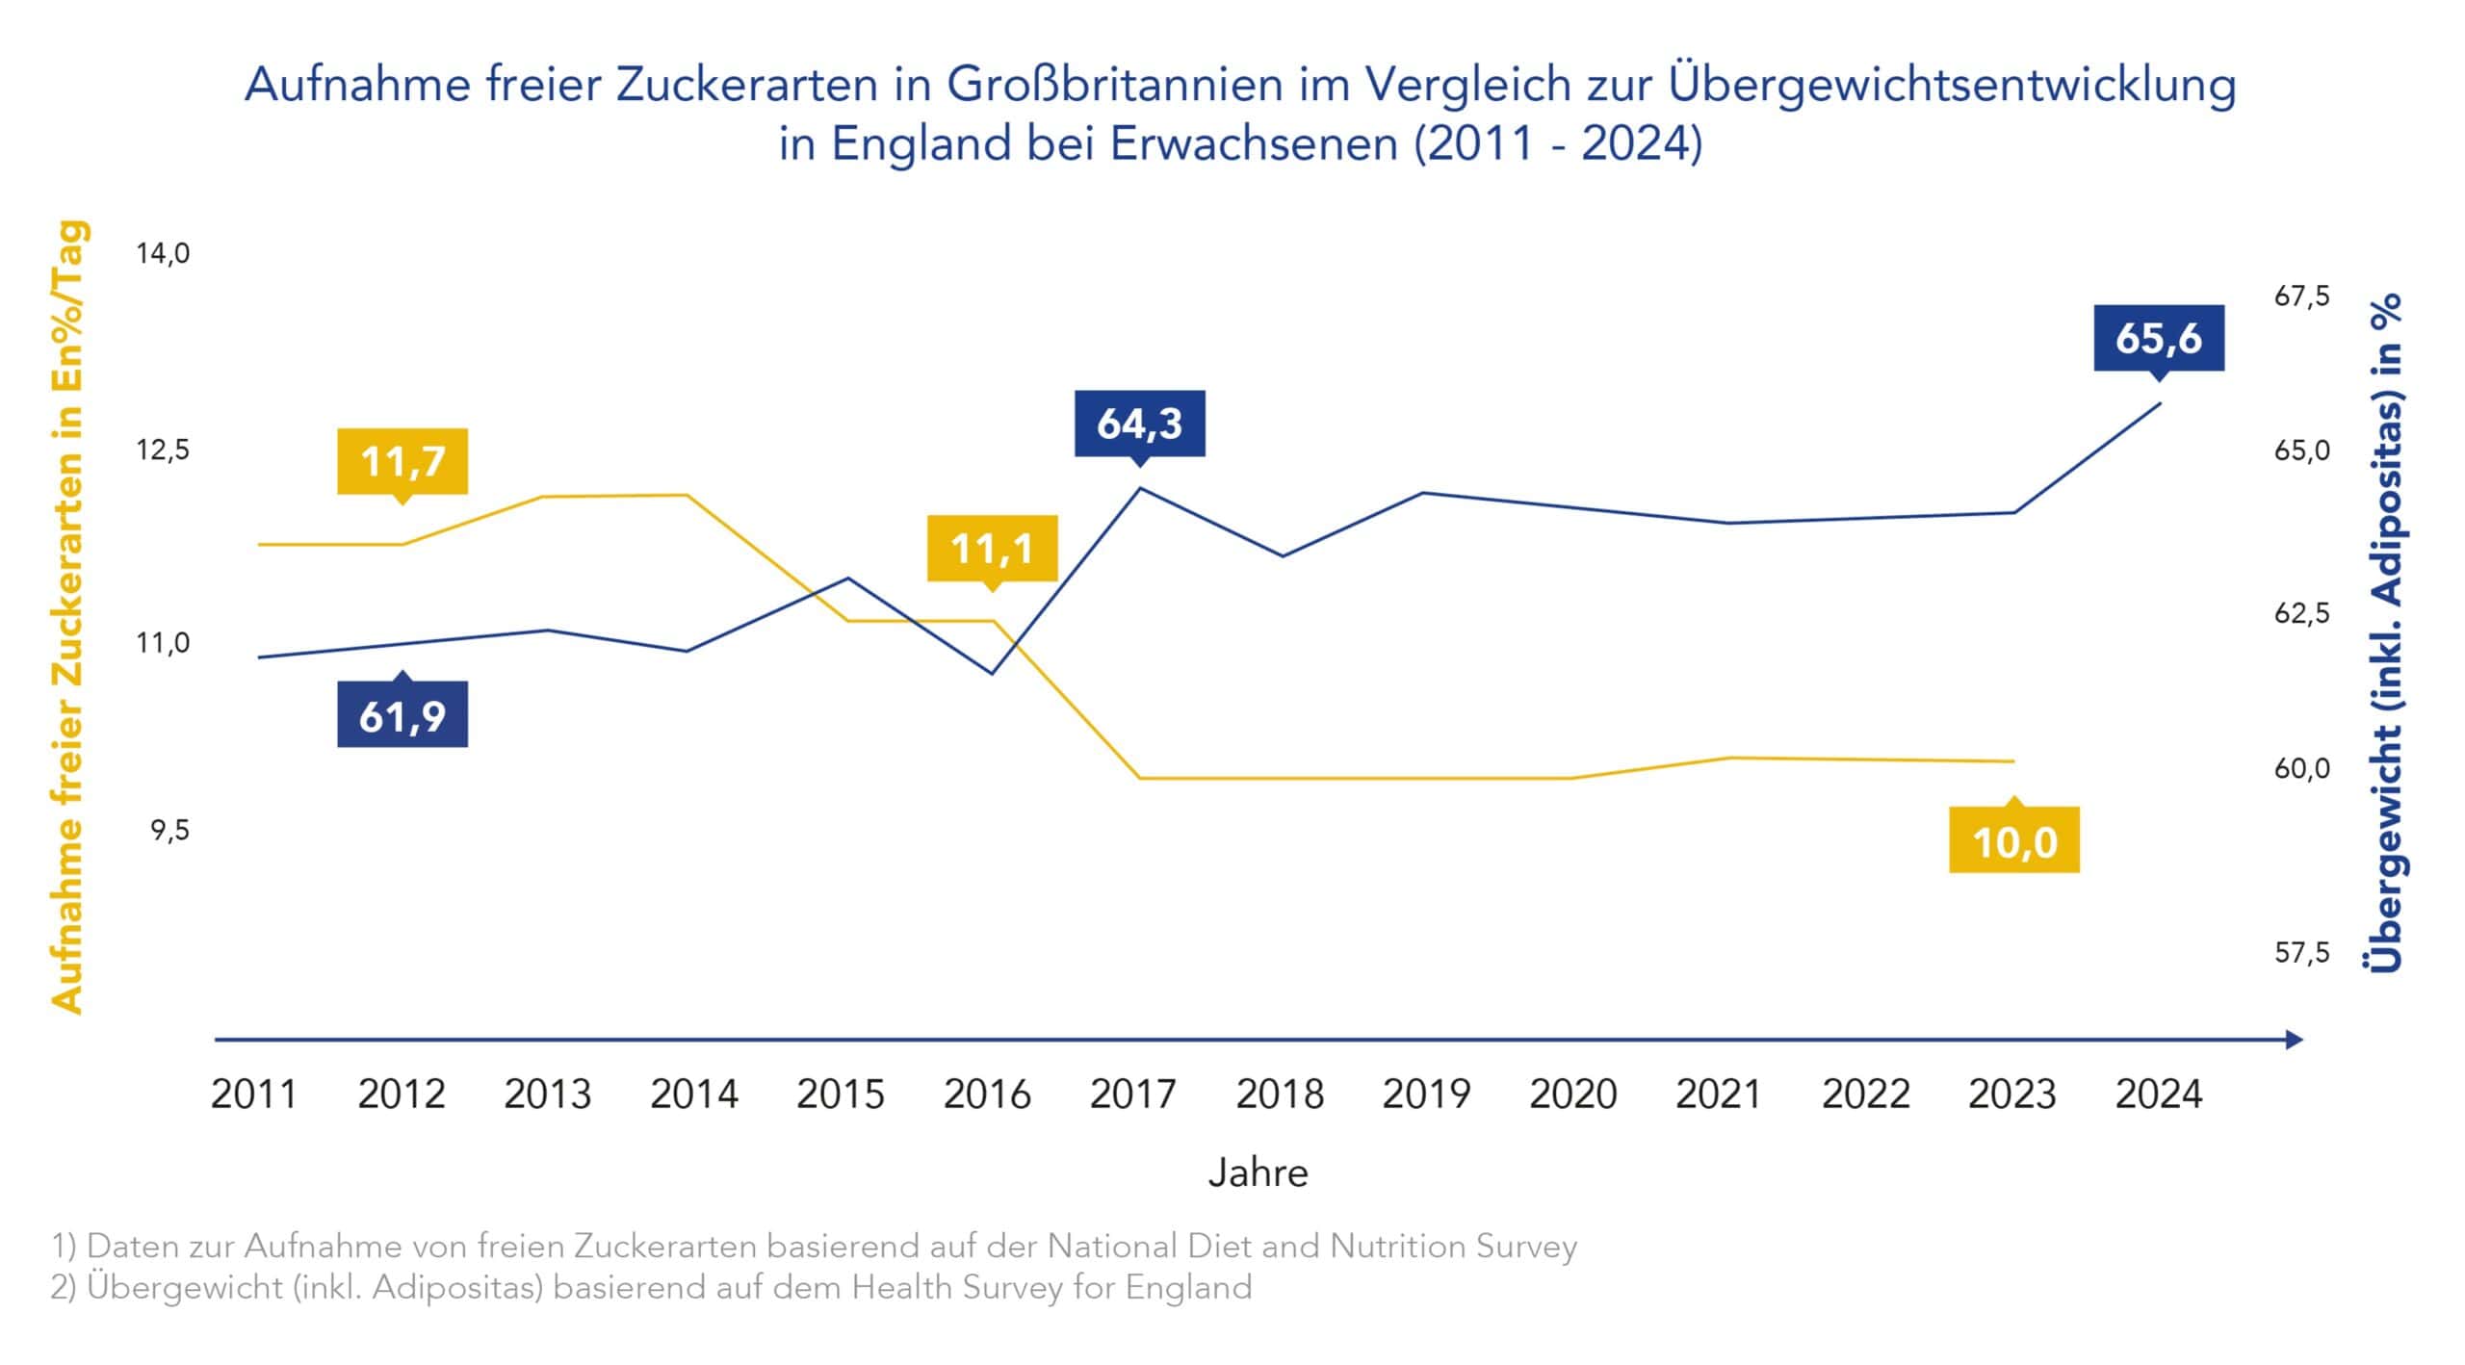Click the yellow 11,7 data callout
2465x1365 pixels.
pos(402,461)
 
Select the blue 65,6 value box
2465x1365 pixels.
pos(2159,338)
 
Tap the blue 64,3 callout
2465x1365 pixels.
pos(1139,424)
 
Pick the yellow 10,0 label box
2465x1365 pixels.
pos(2013,840)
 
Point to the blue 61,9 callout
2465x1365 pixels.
pos(402,715)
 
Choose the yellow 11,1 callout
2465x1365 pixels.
pos(992,549)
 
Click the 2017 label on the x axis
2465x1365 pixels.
pos(1132,1094)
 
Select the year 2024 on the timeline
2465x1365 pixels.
pos(2158,1094)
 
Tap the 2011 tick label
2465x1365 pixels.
pos(253,1094)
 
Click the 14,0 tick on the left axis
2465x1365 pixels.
pos(163,253)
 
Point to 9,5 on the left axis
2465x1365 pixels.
pos(169,830)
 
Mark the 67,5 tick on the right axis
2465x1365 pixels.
pos(2301,296)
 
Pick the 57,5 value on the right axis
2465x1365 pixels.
pos(2301,952)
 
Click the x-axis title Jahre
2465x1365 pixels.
pos(1258,1172)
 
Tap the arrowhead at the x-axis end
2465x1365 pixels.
pos(2294,1040)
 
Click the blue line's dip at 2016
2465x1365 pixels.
pos(992,673)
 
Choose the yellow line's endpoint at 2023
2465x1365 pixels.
pos(2013,761)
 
